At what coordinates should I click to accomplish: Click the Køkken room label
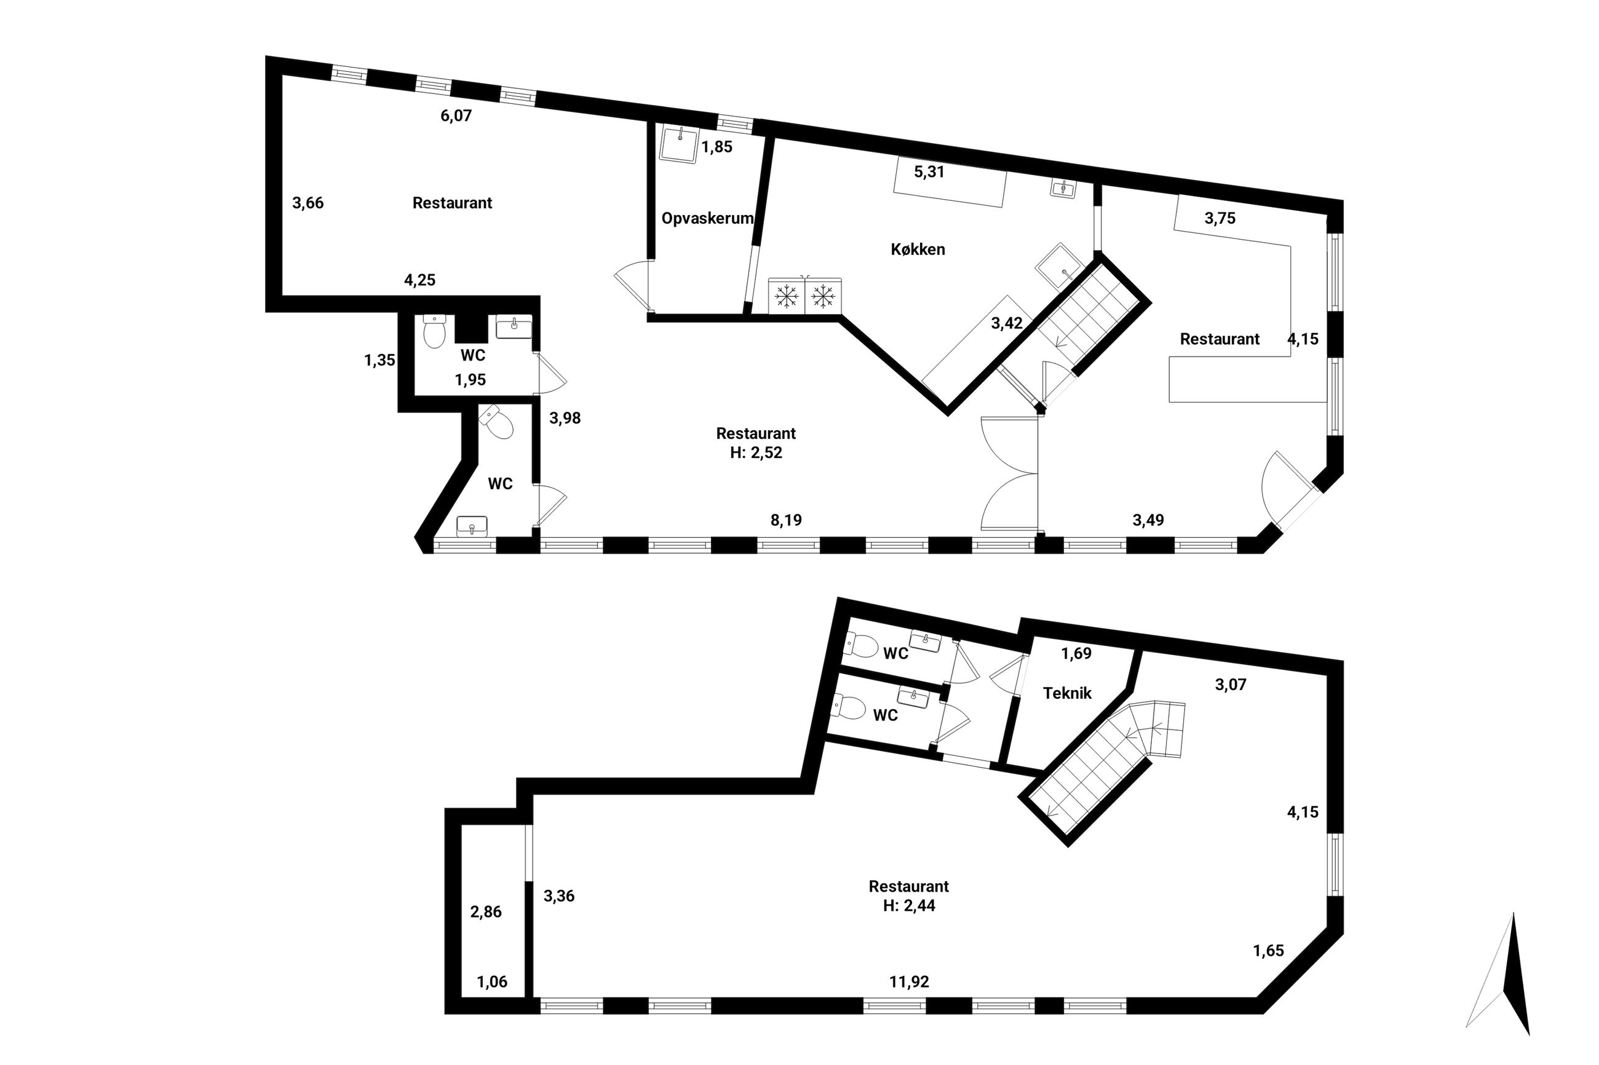[918, 250]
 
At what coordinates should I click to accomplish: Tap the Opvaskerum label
[707, 218]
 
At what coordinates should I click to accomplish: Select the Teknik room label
[1067, 693]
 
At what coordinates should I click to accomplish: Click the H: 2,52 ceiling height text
[756, 452]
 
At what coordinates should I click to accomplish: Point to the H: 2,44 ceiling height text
[908, 905]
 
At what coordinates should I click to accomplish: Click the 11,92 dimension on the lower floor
[908, 981]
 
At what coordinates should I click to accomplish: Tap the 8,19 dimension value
[785, 521]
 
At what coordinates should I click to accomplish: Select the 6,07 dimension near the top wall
[455, 116]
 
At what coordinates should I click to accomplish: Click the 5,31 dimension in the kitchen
[929, 172]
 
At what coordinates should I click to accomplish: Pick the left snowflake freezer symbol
[786, 296]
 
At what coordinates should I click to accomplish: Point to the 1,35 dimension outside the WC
[379, 360]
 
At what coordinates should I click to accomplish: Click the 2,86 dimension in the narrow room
[486, 911]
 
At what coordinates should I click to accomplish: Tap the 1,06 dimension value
[492, 981]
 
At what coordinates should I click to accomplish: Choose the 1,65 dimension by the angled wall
[1268, 950]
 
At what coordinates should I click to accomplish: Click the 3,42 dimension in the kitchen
[1006, 323]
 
